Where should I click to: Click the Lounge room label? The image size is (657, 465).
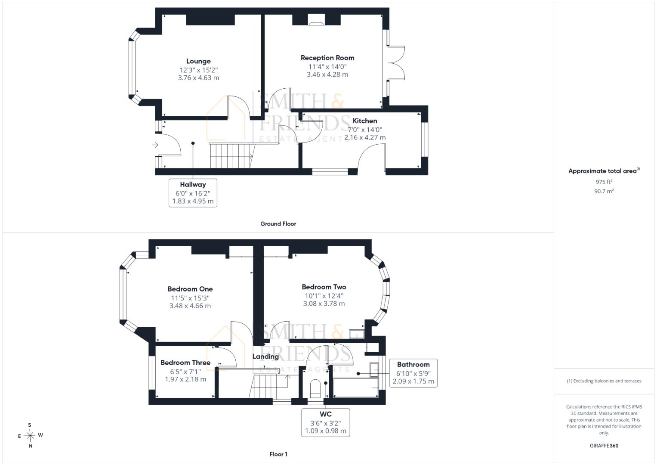click(198, 61)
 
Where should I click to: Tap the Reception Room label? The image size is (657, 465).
click(327, 58)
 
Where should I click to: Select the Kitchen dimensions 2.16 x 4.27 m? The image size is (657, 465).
click(365, 137)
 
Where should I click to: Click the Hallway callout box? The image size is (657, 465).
click(193, 193)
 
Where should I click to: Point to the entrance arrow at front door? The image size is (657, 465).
click(155, 145)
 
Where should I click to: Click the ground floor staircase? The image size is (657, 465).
click(232, 155)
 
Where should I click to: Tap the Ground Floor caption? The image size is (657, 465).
click(278, 224)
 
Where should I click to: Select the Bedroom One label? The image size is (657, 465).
click(190, 289)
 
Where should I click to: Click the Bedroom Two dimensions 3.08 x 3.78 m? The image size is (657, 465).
click(324, 304)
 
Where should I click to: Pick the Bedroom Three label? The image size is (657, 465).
click(185, 363)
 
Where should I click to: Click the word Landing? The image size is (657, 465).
click(266, 356)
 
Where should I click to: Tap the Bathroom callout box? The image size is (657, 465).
click(413, 373)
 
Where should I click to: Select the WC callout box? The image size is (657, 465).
click(326, 422)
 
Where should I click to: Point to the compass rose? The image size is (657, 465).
click(30, 435)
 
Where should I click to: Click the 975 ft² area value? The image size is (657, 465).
click(604, 182)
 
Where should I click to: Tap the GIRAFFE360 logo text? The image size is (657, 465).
click(604, 446)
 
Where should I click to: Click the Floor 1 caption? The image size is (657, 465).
click(278, 454)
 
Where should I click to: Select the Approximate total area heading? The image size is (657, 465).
click(604, 171)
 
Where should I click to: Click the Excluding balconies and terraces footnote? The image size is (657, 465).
click(604, 381)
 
